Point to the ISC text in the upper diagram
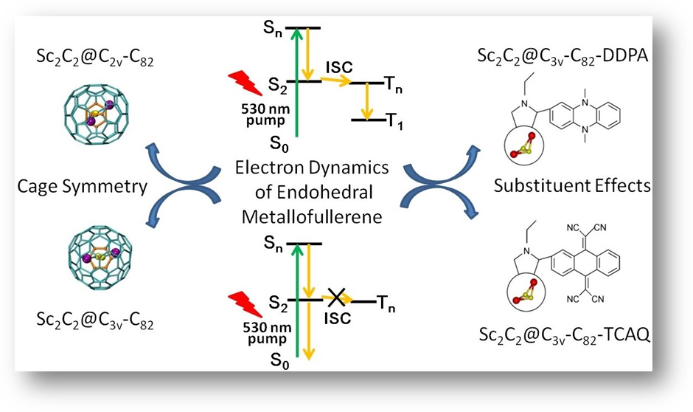click(x=338, y=68)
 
